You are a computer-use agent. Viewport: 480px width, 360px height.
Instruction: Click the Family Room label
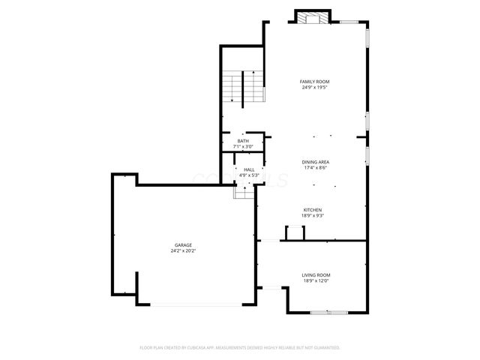click(x=315, y=81)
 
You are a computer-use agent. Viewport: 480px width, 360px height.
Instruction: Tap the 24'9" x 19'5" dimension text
click(x=315, y=87)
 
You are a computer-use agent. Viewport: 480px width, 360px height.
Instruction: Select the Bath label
click(x=243, y=141)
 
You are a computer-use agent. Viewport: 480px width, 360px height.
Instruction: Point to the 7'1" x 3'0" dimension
click(x=243, y=146)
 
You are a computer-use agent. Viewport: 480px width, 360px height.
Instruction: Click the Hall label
click(x=249, y=169)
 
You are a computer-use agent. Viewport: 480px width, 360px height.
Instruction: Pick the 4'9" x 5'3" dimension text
click(x=249, y=175)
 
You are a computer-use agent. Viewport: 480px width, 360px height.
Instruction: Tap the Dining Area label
click(x=315, y=162)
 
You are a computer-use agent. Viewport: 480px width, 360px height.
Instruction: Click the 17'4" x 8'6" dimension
click(x=315, y=168)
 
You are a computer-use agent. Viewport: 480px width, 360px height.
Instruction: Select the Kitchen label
click(x=313, y=209)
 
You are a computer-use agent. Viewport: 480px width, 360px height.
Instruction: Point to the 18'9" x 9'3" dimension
click(x=313, y=215)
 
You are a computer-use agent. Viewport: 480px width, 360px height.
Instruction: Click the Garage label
click(x=183, y=244)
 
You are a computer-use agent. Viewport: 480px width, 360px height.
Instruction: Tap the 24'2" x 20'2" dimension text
click(x=183, y=250)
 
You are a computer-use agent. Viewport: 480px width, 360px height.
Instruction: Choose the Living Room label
click(x=316, y=275)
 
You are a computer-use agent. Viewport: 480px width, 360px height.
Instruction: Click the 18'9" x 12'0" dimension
click(x=316, y=281)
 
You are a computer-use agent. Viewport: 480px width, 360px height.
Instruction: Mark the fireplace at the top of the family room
click(x=312, y=17)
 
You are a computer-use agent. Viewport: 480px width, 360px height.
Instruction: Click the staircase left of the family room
click(x=244, y=86)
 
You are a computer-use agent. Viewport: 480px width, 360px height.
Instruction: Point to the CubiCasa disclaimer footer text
click(x=240, y=348)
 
